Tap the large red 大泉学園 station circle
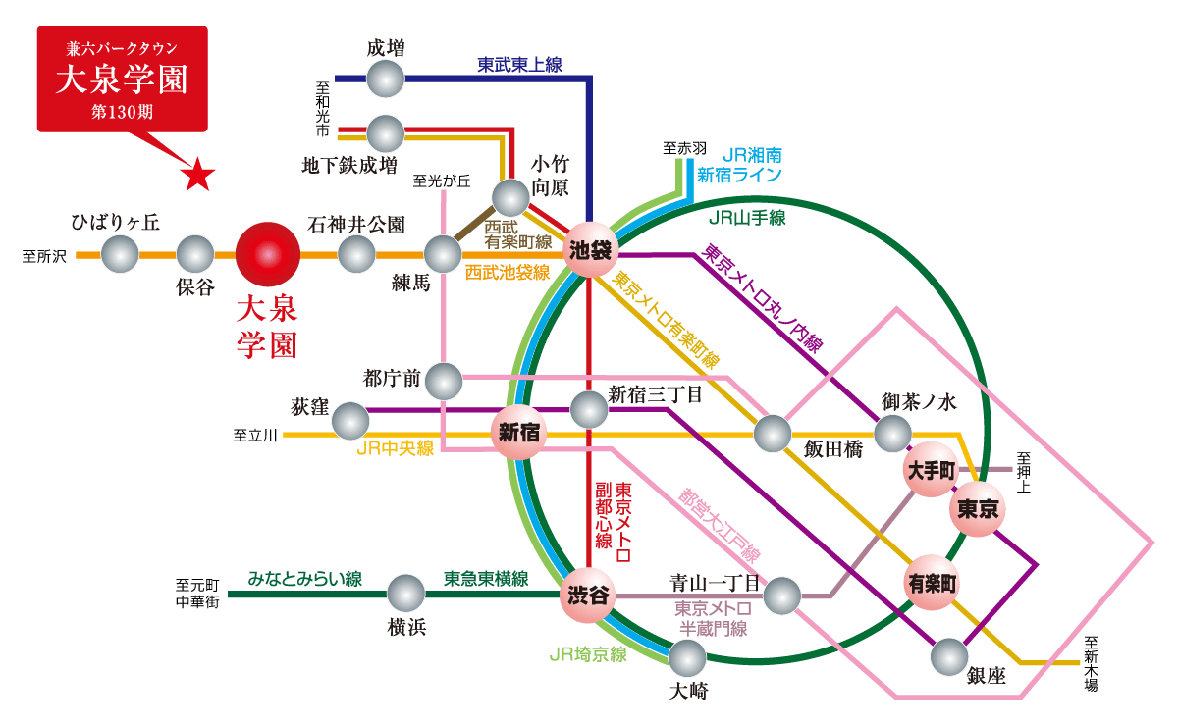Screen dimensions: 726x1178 pyautogui.click(x=267, y=255)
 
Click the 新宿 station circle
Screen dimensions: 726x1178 pyautogui.click(x=517, y=432)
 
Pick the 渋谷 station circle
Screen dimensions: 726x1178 pyautogui.click(x=589, y=595)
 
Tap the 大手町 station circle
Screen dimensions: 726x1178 pyautogui.click(x=929, y=470)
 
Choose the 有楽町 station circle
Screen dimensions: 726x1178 pyautogui.click(x=931, y=583)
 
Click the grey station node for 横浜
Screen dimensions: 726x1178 pyautogui.click(x=405, y=594)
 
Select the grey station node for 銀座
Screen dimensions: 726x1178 pyautogui.click(x=949, y=656)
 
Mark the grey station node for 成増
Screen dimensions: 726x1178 pyautogui.click(x=385, y=78)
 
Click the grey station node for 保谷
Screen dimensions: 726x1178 pyautogui.click(x=195, y=255)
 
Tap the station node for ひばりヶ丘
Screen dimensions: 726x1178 pyautogui.click(x=120, y=255)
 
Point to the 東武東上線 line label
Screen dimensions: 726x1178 pyautogui.click(x=519, y=65)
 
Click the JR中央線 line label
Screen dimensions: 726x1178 pyautogui.click(x=395, y=448)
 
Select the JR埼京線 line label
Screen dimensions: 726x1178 pyautogui.click(x=588, y=654)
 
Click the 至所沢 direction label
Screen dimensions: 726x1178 pyautogui.click(x=45, y=257)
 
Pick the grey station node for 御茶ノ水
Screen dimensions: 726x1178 pyautogui.click(x=892, y=433)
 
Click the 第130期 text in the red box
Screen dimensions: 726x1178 pyautogui.click(x=122, y=111)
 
